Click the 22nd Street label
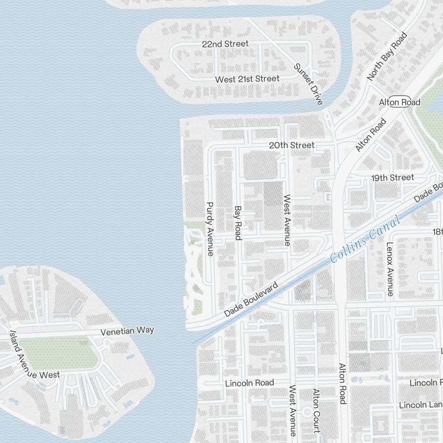tap(225, 44)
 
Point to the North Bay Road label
tap(387, 56)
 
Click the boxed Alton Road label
tap(400, 102)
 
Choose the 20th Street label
tap(292, 145)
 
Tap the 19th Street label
tap(392, 178)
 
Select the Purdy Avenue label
tap(210, 229)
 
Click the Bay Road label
tap(238, 223)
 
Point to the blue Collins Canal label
tap(365, 239)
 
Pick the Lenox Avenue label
tap(390, 269)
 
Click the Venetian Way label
tap(127, 331)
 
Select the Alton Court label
tap(316, 411)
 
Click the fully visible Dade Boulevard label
tap(251, 300)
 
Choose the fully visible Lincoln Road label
tap(249, 383)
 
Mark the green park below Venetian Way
tap(58, 353)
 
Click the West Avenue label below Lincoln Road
tap(293, 411)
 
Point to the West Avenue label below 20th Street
tap(287, 220)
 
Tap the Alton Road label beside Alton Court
tap(342, 384)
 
